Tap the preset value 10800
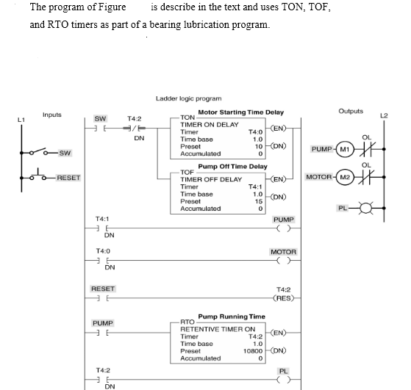tap(251, 351)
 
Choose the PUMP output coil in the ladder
tap(283, 228)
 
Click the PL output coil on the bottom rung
tap(283, 380)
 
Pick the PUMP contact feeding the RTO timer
tap(102, 334)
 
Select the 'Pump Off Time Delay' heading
tap(233, 167)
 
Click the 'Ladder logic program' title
tap(189, 98)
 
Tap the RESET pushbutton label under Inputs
tap(69, 178)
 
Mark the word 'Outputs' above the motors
tap(351, 112)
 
